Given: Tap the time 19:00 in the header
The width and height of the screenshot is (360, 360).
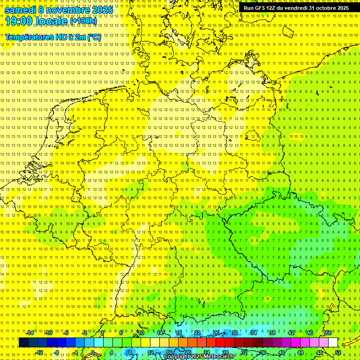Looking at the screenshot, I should pos(19,21).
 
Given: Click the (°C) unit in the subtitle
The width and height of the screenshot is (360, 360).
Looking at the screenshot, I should pos(94,37).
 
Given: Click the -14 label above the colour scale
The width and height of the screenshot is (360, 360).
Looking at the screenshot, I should pos(30,333).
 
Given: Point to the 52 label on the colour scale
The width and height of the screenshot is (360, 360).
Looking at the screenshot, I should pos(338,352).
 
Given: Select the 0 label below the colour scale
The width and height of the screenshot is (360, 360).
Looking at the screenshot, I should pos(93,352).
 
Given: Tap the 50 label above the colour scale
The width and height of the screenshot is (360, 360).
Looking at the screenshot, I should pos(329,333).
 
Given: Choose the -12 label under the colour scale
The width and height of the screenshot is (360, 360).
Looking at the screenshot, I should pos(39,352).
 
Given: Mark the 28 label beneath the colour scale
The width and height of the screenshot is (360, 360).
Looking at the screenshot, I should pos(225,352).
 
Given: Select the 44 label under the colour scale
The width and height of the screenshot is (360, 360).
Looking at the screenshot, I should pos(300,352).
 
